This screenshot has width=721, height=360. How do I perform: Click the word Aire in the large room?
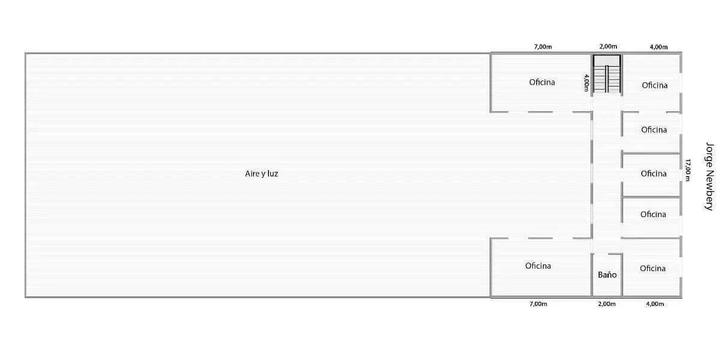click(252, 174)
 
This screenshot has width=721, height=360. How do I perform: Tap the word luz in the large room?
click(273, 174)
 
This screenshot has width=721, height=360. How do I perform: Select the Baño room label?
click(607, 275)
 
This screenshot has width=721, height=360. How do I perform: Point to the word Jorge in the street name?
click(710, 154)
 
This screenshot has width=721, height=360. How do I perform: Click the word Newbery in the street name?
click(710, 191)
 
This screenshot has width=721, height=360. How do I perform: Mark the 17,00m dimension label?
click(687, 170)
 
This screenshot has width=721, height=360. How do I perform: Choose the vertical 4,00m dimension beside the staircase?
click(586, 83)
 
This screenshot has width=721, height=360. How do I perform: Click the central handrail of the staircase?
click(607, 79)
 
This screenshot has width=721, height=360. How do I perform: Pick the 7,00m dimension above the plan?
click(543, 47)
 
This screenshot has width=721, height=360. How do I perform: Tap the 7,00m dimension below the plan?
click(538, 304)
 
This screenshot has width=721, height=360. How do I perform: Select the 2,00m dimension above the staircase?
click(608, 46)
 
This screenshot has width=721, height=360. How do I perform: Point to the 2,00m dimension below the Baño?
click(607, 304)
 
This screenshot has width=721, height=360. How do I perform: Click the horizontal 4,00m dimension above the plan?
click(659, 47)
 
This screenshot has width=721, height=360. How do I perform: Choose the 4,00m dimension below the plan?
click(655, 304)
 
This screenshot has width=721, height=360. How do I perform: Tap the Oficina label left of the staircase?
click(542, 82)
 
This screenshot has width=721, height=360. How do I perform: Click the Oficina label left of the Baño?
click(538, 266)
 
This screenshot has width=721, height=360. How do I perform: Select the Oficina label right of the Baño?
click(653, 269)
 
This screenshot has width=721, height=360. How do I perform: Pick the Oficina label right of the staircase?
click(654, 85)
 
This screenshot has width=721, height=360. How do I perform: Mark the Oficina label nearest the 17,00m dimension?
click(654, 174)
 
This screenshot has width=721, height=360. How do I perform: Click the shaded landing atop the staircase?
click(607, 61)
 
